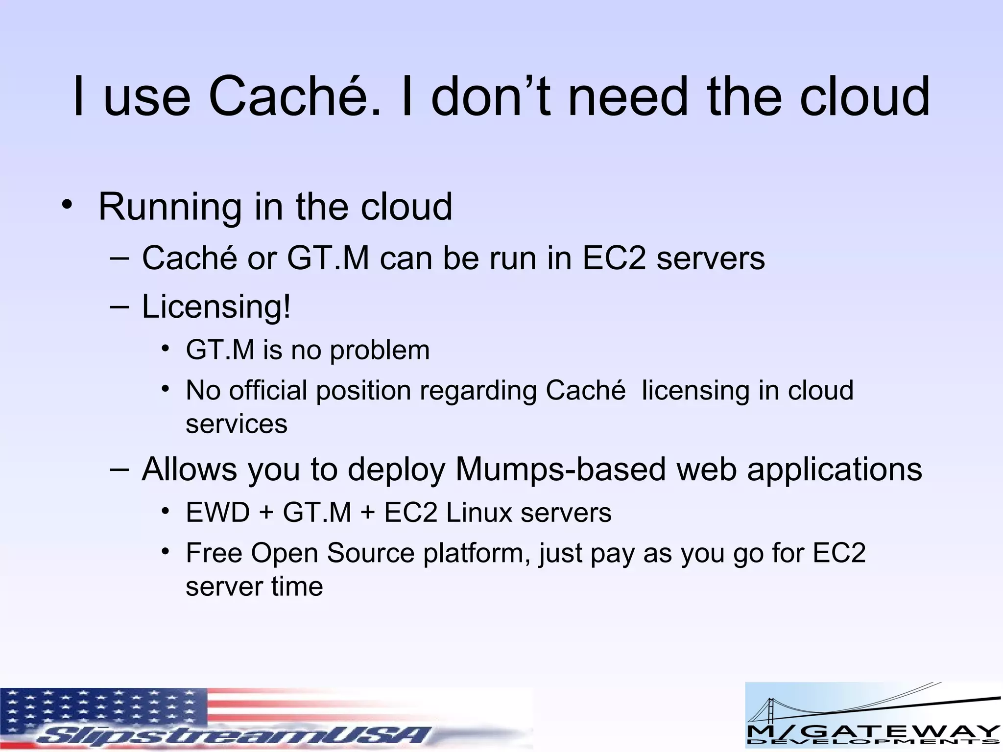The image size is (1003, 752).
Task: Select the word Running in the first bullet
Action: [169, 208]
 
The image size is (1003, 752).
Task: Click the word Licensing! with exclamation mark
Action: [216, 307]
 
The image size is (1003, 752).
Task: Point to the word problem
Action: [380, 351]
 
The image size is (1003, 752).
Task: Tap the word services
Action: [236, 424]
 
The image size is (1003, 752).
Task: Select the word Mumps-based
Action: [560, 470]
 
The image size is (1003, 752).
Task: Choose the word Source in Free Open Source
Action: [370, 553]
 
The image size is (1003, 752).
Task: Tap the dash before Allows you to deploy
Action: [119, 469]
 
